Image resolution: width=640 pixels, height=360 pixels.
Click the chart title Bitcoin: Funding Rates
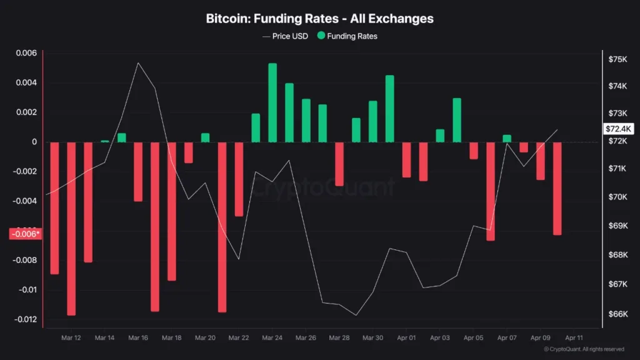pyautogui.click(x=319, y=18)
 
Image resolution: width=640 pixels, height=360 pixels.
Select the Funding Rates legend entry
pyautogui.click(x=347, y=36)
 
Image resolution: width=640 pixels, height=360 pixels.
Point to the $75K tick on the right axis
pyautogui.click(x=617, y=59)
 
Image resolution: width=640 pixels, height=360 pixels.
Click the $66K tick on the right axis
pyautogui.click(x=617, y=314)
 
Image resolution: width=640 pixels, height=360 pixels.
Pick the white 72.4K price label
pyautogui.click(x=619, y=129)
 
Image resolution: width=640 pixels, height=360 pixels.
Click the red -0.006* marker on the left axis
pyautogui.click(x=25, y=234)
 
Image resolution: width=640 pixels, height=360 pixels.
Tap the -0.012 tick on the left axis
pyautogui.click(x=24, y=319)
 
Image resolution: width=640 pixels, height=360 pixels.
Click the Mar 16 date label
pyautogui.click(x=138, y=337)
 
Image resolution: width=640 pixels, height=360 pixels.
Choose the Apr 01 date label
pyautogui.click(x=406, y=337)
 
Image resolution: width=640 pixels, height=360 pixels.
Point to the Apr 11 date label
pyautogui.click(x=574, y=337)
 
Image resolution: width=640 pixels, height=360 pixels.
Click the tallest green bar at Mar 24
pyautogui.click(x=272, y=103)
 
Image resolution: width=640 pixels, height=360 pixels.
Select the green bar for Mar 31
pyautogui.click(x=390, y=109)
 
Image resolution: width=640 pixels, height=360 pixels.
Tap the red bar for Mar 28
pyautogui.click(x=339, y=164)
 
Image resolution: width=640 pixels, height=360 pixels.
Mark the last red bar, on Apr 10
pyautogui.click(x=557, y=188)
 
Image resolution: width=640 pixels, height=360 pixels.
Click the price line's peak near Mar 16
pyautogui.click(x=138, y=62)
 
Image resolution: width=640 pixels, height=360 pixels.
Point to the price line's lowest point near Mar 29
pyautogui.click(x=356, y=315)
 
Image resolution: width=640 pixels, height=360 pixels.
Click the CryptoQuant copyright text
pyautogui.click(x=584, y=349)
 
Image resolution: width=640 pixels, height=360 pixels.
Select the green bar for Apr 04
pyautogui.click(x=457, y=120)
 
